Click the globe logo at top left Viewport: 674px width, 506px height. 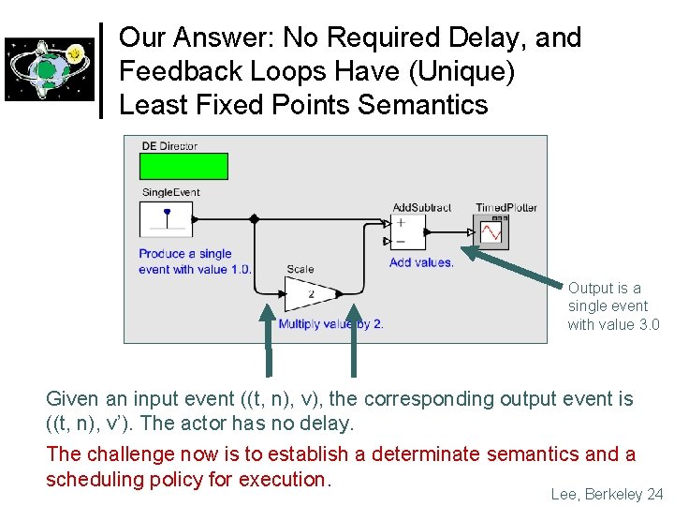pos(50,68)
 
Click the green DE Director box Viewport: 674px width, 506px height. pos(183,166)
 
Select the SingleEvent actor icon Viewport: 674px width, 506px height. pos(167,219)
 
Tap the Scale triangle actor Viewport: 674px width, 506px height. pos(310,294)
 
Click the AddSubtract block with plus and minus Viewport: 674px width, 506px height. pos(408,231)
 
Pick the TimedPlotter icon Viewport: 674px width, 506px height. pos(491,231)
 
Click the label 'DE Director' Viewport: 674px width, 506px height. pos(169,146)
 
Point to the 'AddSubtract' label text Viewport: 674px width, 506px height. pos(421,207)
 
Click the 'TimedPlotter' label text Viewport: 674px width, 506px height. pos(506,207)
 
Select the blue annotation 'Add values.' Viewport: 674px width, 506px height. pos(421,262)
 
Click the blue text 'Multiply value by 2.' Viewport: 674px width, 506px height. pos(330,324)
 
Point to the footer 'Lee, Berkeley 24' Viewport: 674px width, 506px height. pos(607,494)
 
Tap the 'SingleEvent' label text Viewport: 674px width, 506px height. pos(171,193)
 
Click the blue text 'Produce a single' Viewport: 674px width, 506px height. pos(185,254)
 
